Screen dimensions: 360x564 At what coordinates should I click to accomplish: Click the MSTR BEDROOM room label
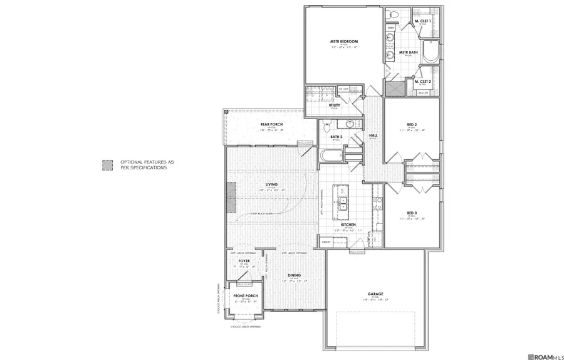(x=343, y=41)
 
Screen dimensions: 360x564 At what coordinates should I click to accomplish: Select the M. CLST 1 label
(x=422, y=22)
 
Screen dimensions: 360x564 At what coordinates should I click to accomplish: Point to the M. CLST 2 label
(x=422, y=82)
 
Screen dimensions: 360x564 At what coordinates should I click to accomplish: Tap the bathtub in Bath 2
(x=330, y=156)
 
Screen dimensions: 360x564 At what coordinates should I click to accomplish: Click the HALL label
(x=373, y=135)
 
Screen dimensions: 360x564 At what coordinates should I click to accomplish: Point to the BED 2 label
(x=412, y=126)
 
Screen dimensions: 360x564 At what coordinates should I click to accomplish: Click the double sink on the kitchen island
(x=343, y=203)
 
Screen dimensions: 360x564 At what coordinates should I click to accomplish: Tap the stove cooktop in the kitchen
(x=377, y=202)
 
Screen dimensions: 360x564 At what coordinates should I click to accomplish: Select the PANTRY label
(x=326, y=241)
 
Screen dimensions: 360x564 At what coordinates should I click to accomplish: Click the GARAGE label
(x=376, y=294)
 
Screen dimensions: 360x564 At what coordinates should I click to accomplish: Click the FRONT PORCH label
(x=246, y=296)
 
